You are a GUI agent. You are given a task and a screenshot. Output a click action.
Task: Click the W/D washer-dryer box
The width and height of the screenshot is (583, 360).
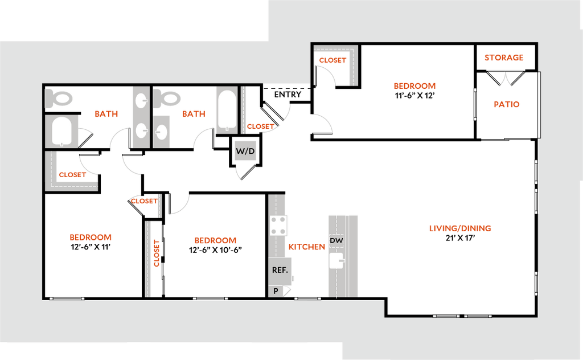[245, 152]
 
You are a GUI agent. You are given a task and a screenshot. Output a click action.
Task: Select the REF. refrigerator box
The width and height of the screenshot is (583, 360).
[280, 270]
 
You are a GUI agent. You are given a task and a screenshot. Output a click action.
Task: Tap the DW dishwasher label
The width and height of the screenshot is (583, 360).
[336, 241]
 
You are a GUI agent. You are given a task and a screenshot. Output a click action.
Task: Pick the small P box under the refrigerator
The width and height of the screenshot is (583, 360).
[276, 291]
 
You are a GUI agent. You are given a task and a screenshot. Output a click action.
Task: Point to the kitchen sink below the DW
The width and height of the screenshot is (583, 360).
[336, 261]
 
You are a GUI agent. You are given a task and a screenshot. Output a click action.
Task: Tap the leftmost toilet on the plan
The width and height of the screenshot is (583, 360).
[60, 99]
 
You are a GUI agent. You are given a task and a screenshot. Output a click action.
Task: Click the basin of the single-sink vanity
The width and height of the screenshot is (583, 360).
[162, 132]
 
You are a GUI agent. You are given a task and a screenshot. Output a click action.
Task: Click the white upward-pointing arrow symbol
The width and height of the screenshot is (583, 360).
[504, 80]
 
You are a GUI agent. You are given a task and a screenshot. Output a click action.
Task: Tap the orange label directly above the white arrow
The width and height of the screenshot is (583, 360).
[504, 58]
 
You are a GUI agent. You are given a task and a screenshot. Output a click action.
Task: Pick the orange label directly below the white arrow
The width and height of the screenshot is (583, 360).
[507, 104]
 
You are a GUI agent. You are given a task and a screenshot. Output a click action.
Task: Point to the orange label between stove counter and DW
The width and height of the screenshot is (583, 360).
[307, 247]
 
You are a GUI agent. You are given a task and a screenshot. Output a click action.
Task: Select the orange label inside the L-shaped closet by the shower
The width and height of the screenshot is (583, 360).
[73, 174]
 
